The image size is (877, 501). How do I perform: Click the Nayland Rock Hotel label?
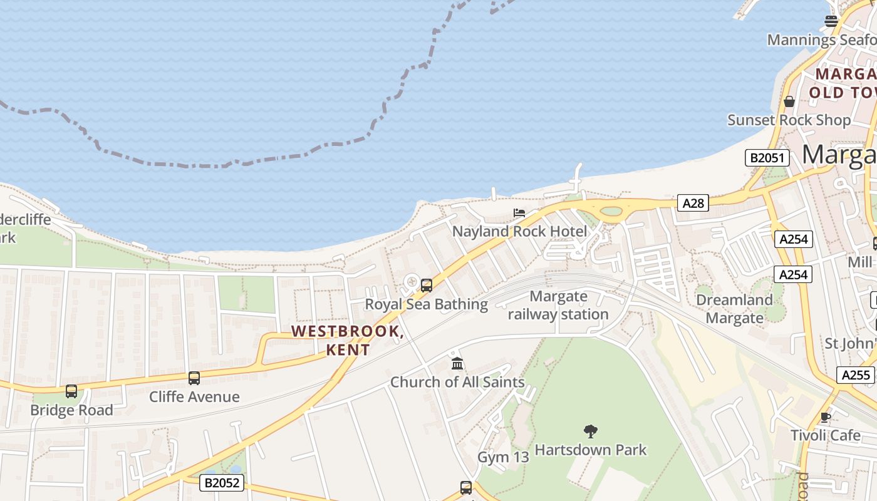tap(520, 232)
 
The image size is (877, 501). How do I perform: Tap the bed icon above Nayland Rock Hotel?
tap(519, 213)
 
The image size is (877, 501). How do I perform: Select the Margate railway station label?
tap(558, 305)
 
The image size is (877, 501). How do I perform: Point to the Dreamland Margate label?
tap(734, 309)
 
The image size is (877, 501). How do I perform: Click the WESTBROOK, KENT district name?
tap(348, 340)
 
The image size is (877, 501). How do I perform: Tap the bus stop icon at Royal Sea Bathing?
tap(427, 286)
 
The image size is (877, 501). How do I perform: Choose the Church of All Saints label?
tap(457, 382)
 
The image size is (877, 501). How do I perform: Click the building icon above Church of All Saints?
tap(457, 363)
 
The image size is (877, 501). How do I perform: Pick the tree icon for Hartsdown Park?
tap(590, 431)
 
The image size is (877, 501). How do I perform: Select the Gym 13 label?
tap(503, 457)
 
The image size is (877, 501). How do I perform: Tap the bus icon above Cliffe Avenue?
tap(194, 378)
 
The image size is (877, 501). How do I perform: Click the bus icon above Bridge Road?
tap(71, 391)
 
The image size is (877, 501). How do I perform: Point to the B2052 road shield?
tap(222, 483)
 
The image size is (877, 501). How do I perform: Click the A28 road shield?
tap(693, 202)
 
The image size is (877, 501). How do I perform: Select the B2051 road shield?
tap(767, 157)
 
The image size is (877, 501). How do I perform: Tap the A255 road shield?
tap(856, 374)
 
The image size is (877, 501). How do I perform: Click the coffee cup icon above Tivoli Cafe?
tap(826, 417)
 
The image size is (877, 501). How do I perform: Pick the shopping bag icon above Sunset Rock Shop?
tap(789, 101)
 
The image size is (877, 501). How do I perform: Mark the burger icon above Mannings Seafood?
tap(831, 21)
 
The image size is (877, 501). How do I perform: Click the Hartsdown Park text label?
tap(590, 450)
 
